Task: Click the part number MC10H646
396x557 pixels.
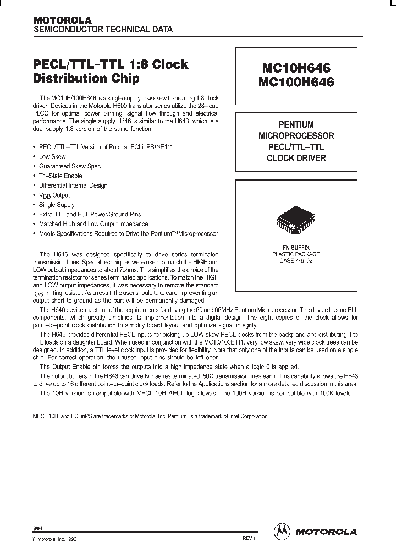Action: click(x=296, y=69)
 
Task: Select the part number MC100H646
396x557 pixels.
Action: click(x=296, y=83)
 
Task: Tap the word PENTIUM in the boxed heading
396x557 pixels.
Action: click(x=296, y=124)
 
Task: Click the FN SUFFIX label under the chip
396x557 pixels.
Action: click(x=296, y=248)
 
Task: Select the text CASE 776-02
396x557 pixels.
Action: click(x=296, y=261)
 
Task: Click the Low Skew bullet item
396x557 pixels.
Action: click(x=52, y=157)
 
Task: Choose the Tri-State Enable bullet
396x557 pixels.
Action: click(x=61, y=176)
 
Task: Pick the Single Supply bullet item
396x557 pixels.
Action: click(x=57, y=205)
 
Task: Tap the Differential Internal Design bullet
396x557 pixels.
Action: click(x=73, y=185)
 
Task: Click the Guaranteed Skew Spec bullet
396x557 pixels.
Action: click(x=70, y=166)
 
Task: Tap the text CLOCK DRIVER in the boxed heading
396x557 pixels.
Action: click(x=296, y=158)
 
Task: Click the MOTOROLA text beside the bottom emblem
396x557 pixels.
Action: click(x=327, y=532)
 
